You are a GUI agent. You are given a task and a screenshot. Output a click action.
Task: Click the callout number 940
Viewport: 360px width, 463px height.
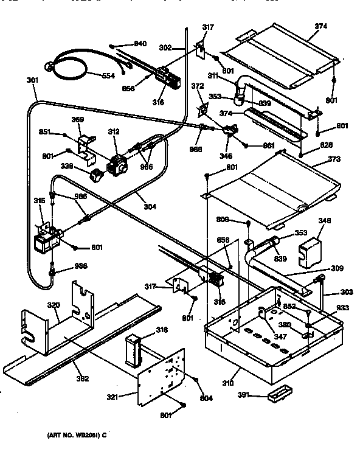click(140, 44)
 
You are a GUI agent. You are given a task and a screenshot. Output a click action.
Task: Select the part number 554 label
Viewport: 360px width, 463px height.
click(108, 75)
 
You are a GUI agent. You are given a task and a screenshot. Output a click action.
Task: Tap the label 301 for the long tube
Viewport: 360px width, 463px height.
click(32, 80)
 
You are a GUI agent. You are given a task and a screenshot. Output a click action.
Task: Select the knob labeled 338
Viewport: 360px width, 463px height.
click(94, 176)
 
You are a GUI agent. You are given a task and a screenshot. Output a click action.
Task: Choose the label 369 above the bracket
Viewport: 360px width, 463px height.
click(78, 120)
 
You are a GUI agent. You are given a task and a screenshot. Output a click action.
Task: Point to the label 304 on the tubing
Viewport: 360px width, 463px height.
click(150, 206)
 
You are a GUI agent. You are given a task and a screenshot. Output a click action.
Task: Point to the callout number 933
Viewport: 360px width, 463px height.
click(343, 308)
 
